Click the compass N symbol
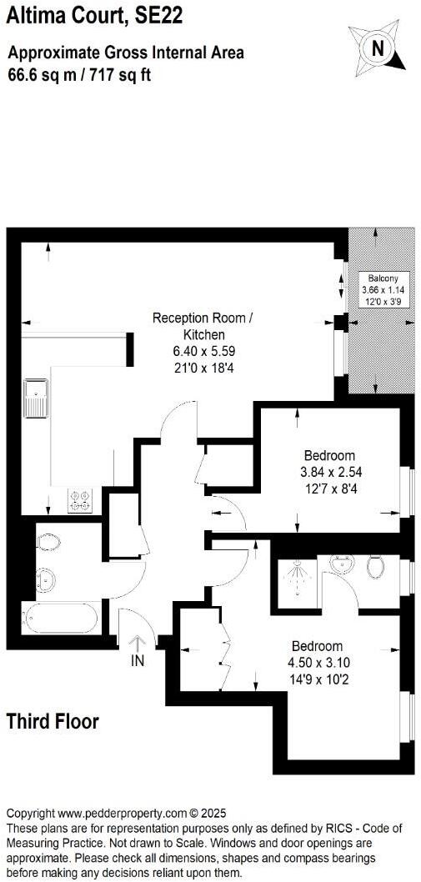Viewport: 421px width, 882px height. pos(378,48)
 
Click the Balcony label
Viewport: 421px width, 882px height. pos(380,278)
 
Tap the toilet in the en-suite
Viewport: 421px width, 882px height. pos(376,567)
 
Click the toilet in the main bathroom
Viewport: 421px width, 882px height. pos(48,543)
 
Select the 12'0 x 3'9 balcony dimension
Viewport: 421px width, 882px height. pos(380,300)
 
